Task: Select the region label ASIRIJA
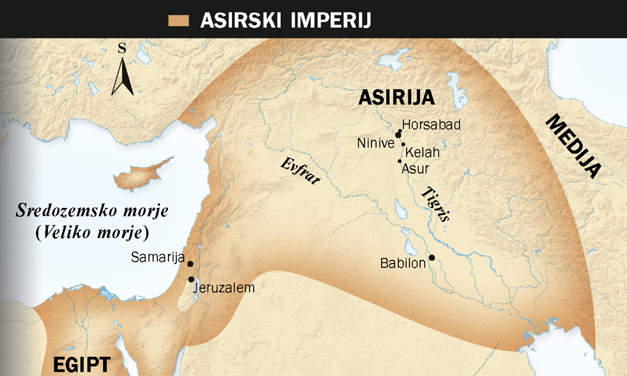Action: [x=396, y=98]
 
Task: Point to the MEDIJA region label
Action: [x=573, y=146]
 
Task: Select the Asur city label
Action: [x=416, y=168]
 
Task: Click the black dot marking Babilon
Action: [x=432, y=258]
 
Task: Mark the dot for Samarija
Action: [x=190, y=265]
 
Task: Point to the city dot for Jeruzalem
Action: [x=191, y=279]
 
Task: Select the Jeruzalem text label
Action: [x=225, y=287]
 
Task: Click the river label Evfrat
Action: [x=300, y=171]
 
